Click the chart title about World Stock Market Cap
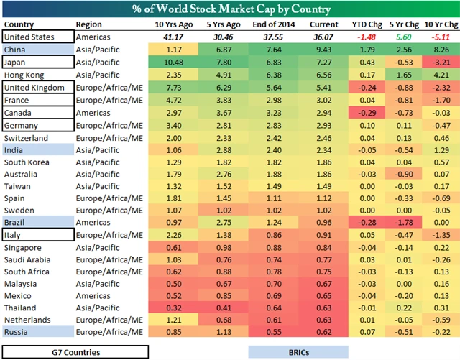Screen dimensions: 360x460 (230, 9)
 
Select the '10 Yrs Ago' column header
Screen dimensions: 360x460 (170, 24)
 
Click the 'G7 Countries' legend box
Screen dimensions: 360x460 (75, 351)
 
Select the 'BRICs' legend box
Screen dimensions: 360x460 (298, 351)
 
